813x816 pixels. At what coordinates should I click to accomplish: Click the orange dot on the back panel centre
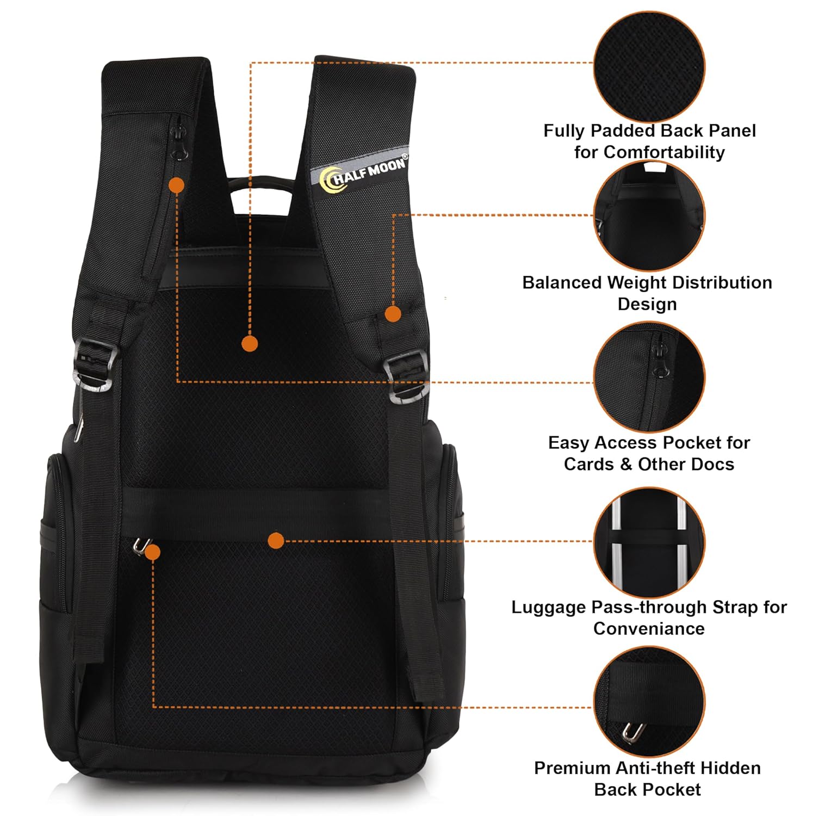250,343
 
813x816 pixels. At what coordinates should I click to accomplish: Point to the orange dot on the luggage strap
276,540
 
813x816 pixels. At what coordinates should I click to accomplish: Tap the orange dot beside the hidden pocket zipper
153,553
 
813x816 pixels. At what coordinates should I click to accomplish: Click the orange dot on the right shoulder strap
393,314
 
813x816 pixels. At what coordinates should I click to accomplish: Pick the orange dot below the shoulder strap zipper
176,186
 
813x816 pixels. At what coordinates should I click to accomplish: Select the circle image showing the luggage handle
649,543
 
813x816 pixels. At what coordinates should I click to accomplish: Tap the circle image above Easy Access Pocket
649,378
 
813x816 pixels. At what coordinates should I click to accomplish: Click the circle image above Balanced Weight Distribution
649,216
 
